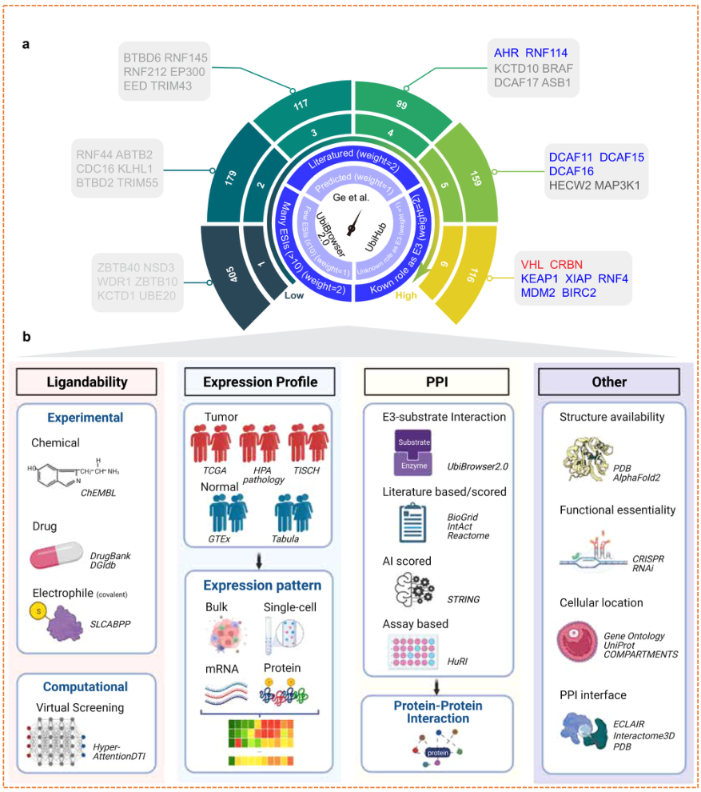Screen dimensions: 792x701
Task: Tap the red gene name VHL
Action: pyautogui.click(x=532, y=265)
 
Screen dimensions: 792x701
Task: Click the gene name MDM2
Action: pyautogui.click(x=537, y=294)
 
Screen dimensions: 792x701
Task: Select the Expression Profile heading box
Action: pyautogui.click(x=260, y=382)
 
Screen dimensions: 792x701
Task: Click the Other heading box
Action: pyautogui.click(x=609, y=382)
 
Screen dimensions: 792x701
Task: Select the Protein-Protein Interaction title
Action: pyautogui.click(x=436, y=712)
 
